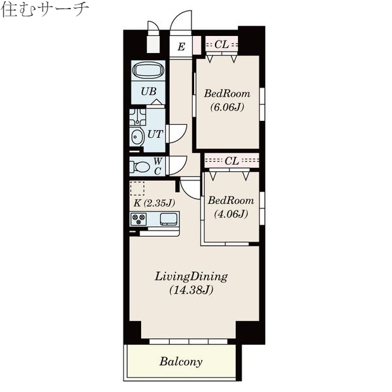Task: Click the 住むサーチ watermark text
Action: click(x=44, y=8)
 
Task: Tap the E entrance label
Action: click(x=181, y=46)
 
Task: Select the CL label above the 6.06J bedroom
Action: click(x=221, y=44)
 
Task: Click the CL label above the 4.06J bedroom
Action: click(x=232, y=160)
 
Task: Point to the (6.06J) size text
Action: click(x=227, y=108)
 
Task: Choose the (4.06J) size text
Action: click(x=231, y=214)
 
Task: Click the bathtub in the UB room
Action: click(x=148, y=71)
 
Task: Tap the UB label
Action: click(x=148, y=91)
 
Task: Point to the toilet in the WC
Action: click(x=140, y=167)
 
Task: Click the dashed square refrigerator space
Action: click(x=137, y=188)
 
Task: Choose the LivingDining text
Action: click(x=191, y=276)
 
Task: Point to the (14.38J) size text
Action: click(x=191, y=289)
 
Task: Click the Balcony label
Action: click(x=181, y=361)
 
